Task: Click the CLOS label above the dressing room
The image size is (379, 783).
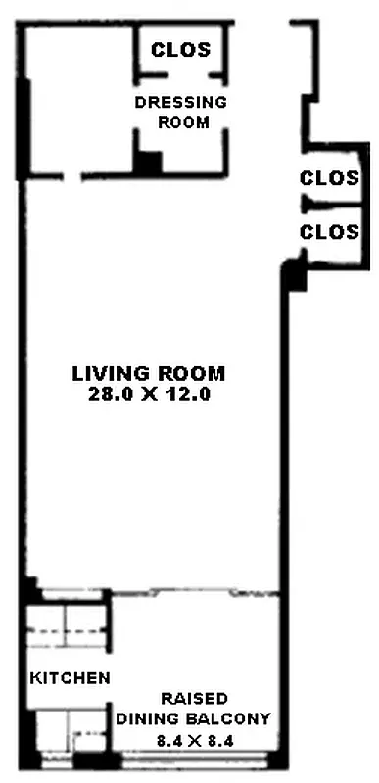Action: pos(181,50)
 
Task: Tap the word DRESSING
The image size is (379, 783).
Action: pos(181,102)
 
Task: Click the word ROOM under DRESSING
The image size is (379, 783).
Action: pos(181,122)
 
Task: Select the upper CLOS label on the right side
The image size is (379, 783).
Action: pos(330,178)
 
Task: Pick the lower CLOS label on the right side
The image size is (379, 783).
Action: pos(330,232)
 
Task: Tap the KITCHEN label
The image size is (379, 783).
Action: pos(69,678)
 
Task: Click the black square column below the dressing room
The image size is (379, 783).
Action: pos(148,162)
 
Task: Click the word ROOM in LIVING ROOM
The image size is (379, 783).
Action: pos(194,373)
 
